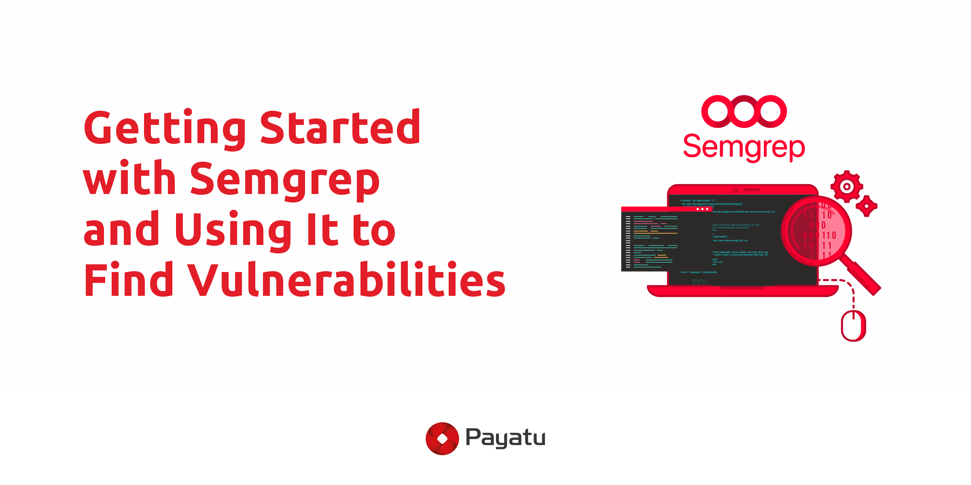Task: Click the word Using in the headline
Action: click(x=233, y=230)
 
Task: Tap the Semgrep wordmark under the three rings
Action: click(x=744, y=147)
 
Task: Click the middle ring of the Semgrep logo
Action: click(x=744, y=111)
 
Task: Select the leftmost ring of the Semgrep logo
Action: click(x=718, y=111)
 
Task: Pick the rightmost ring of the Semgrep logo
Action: click(x=771, y=111)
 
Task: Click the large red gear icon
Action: click(x=846, y=186)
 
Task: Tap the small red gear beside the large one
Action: click(x=866, y=206)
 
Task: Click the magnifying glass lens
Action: click(x=816, y=232)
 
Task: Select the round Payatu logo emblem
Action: click(x=442, y=439)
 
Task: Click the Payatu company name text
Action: click(x=505, y=438)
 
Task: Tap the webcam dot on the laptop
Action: click(x=736, y=190)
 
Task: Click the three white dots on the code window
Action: click(x=702, y=209)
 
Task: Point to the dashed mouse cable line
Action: click(x=852, y=291)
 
